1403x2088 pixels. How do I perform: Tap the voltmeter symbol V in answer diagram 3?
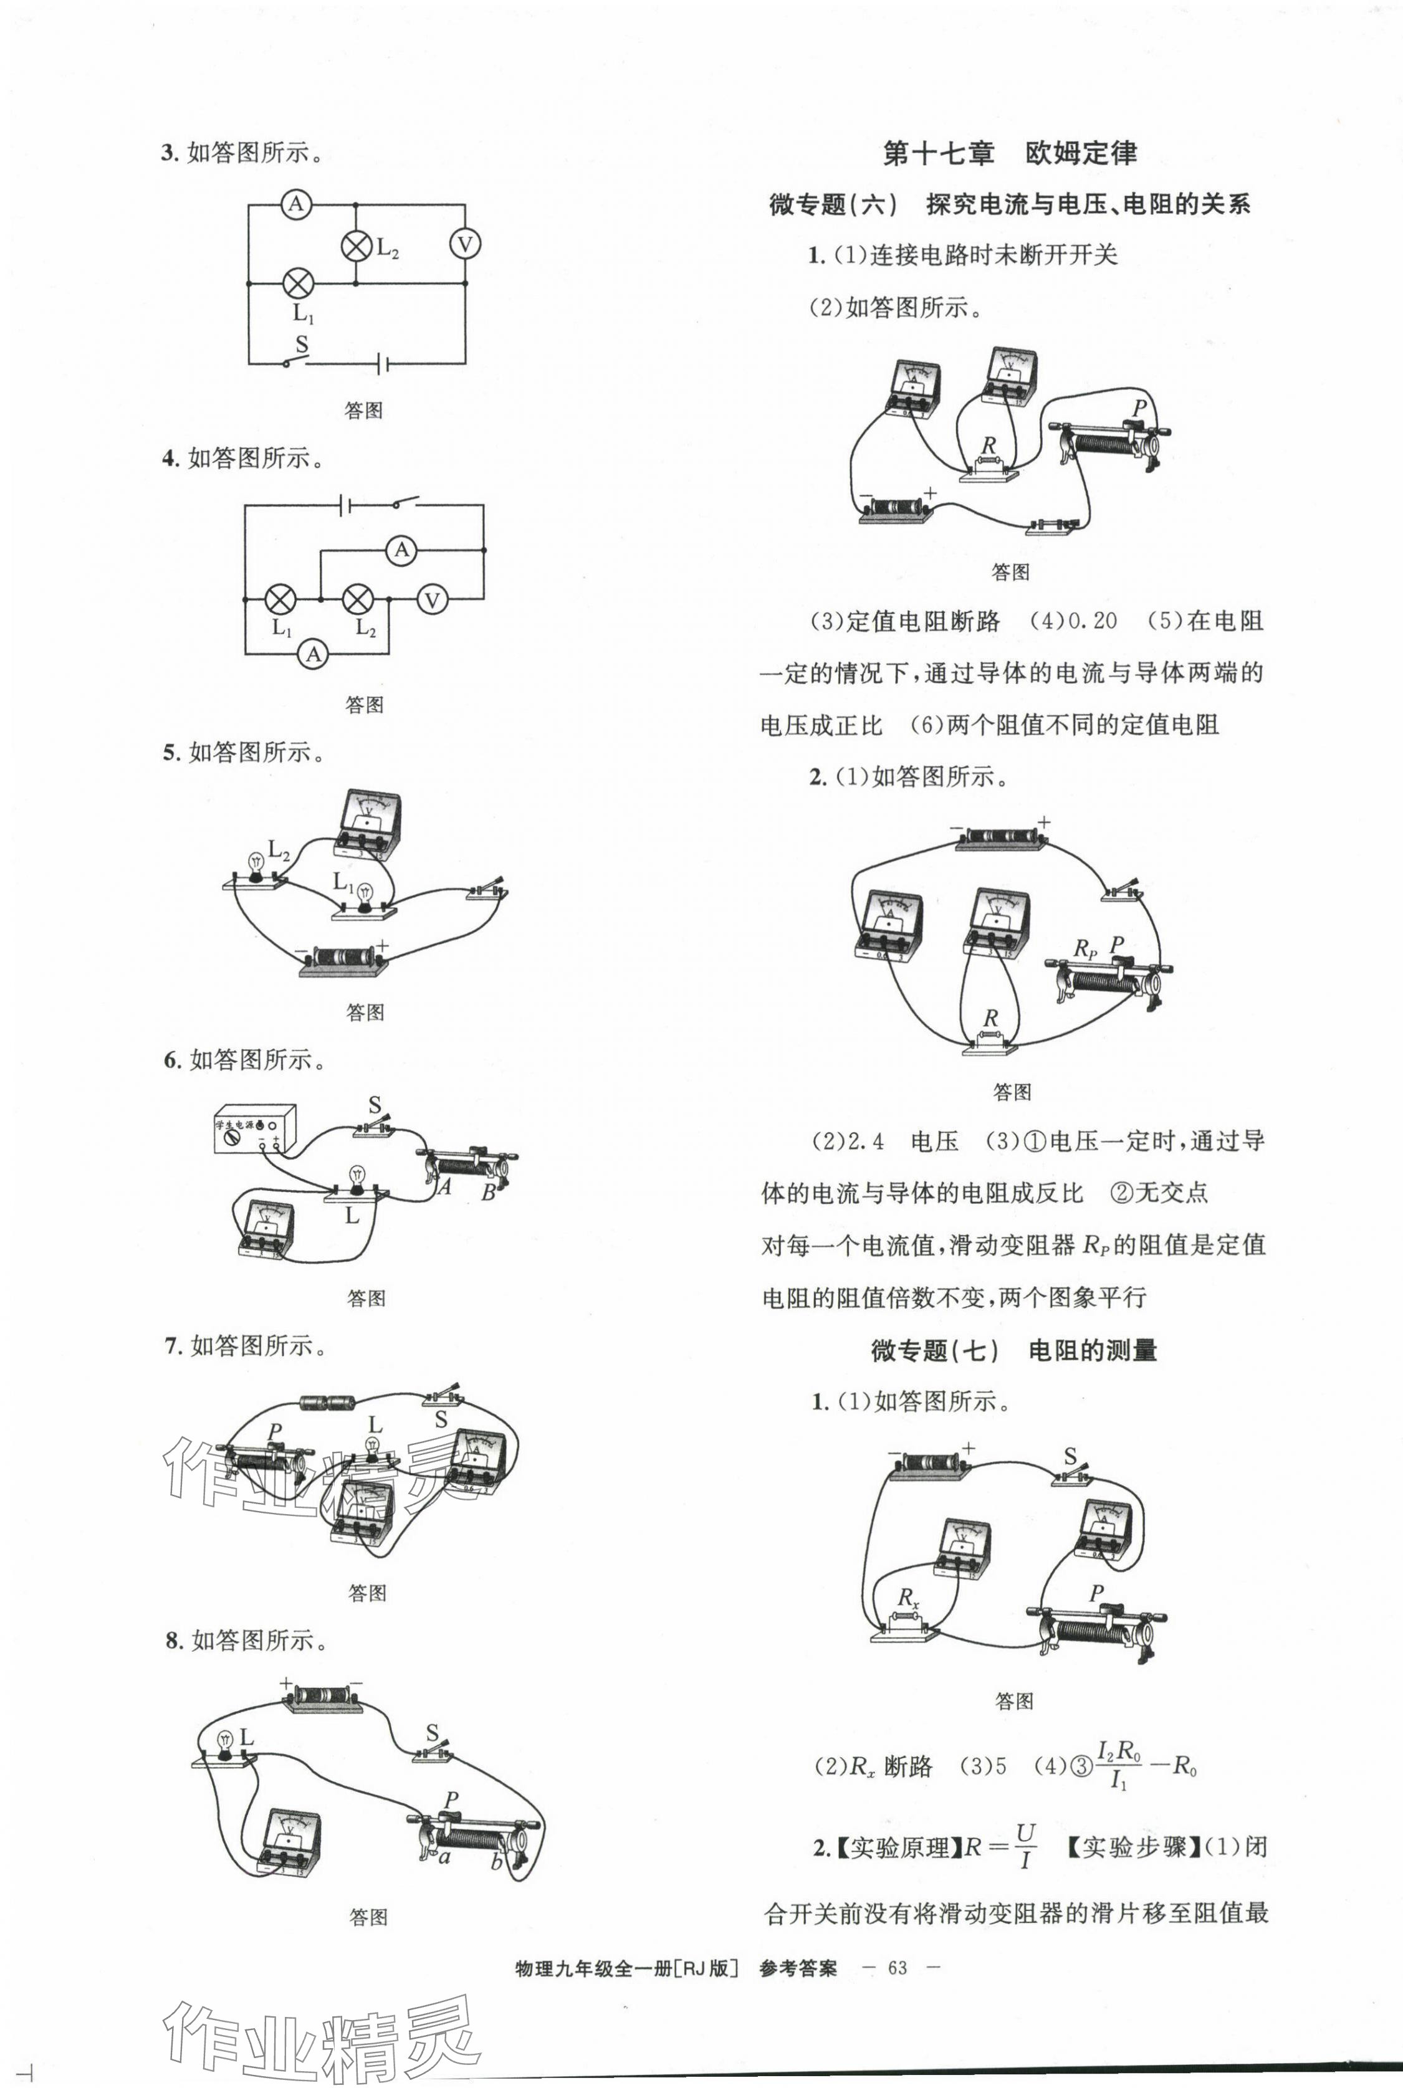464,244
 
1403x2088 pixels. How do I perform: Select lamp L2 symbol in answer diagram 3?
356,245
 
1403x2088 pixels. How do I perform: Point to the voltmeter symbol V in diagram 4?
432,599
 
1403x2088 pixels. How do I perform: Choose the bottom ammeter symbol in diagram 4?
313,654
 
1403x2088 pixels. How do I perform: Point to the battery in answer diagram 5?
343,958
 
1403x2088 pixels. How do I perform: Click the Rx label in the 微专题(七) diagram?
908,1597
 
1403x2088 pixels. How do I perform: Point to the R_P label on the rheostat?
1085,949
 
